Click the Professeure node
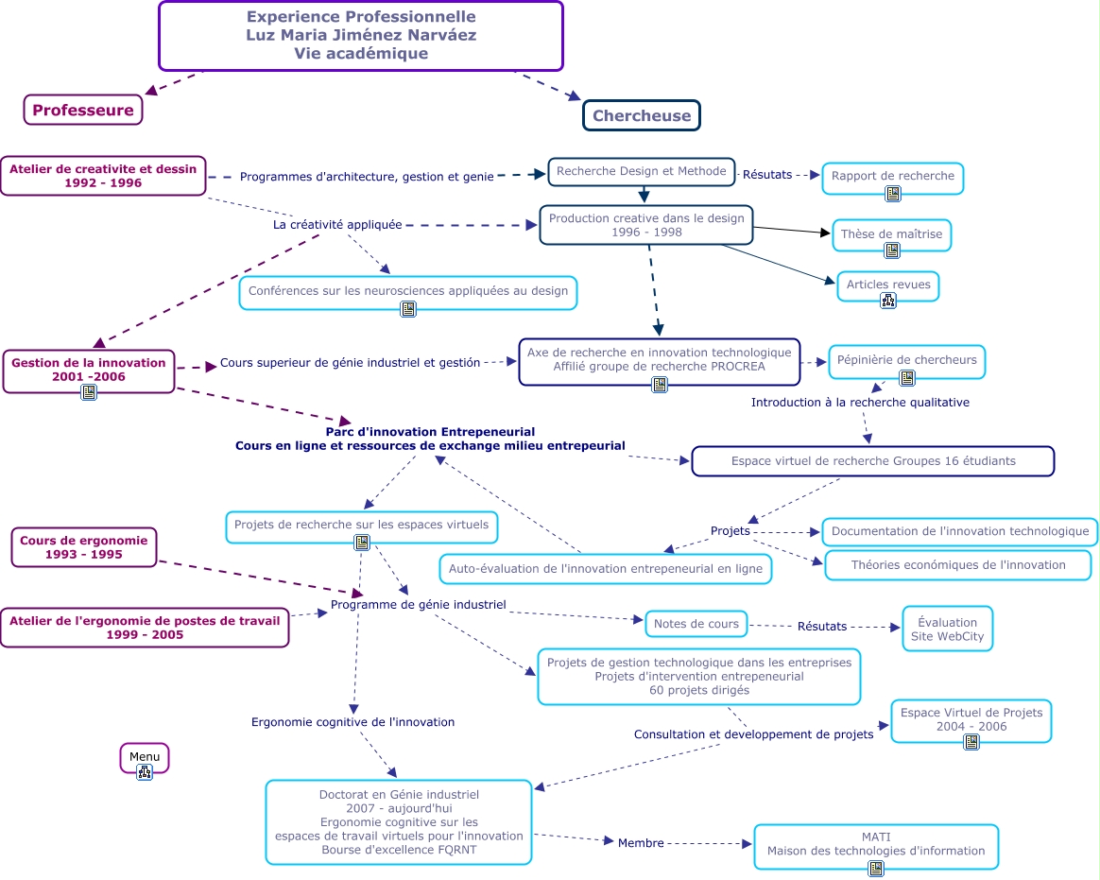83,111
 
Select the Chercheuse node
642,116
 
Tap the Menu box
145,758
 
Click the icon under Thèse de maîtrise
892,250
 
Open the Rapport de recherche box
892,176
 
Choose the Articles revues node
887,285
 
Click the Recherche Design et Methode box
641,171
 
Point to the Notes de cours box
696,624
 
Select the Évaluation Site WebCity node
947,630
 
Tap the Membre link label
641,843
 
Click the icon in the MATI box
876,868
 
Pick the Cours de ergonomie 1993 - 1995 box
84,547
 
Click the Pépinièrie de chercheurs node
906,360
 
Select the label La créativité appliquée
337,225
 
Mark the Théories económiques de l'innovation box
957,565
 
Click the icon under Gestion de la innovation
89,392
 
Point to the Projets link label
730,531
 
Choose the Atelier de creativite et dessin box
103,176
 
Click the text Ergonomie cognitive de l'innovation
352,722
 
